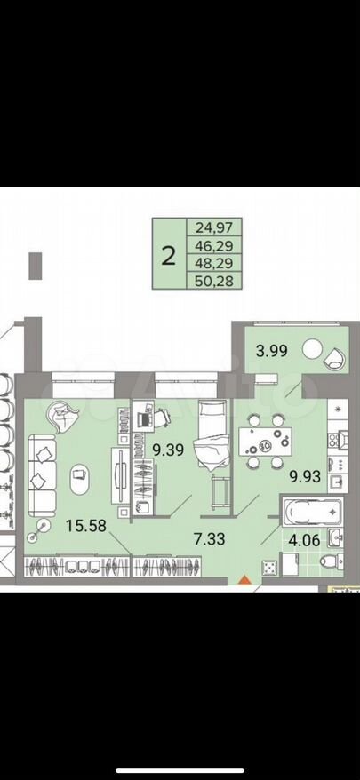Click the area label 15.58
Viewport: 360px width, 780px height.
(86, 525)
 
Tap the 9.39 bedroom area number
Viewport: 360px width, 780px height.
(168, 450)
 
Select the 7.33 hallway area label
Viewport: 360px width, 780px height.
(210, 538)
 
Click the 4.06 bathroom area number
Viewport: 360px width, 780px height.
(304, 540)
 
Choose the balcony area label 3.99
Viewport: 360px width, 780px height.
(272, 351)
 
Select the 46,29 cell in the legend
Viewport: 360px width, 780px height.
(214, 245)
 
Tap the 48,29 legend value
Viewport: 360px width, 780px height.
(214, 262)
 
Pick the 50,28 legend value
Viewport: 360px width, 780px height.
(214, 281)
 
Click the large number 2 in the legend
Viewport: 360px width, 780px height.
(169, 256)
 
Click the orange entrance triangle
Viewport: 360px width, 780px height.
(244, 579)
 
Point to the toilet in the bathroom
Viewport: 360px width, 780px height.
(332, 561)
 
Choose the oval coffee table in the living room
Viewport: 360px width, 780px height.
(80, 479)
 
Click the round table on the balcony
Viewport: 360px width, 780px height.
(313, 348)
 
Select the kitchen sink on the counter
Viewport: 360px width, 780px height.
(335, 480)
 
